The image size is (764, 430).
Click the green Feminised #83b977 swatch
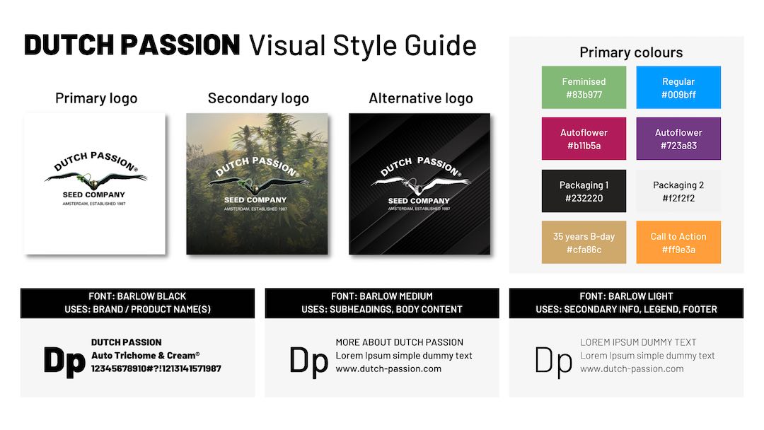(x=584, y=88)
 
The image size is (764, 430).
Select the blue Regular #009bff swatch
(x=678, y=88)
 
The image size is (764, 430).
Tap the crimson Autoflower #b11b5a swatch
(x=584, y=139)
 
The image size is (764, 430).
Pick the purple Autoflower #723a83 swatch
(x=678, y=139)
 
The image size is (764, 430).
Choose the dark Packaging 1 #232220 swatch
(x=584, y=191)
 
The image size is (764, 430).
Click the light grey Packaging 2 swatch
(x=678, y=191)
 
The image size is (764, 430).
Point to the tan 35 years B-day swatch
(x=584, y=243)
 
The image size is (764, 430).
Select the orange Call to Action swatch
(x=678, y=243)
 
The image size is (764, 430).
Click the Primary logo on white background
(x=95, y=184)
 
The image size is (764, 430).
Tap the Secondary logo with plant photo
(x=257, y=184)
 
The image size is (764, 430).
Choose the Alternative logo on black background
(x=419, y=184)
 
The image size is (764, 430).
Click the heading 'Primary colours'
(x=631, y=52)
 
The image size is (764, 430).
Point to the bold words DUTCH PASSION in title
(x=132, y=45)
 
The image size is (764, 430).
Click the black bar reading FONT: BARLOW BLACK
(x=137, y=303)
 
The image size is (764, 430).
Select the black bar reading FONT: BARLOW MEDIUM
(x=382, y=303)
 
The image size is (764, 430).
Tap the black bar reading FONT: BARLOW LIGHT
(x=626, y=303)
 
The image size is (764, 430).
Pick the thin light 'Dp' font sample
(x=553, y=360)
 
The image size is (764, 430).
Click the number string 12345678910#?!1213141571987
(x=156, y=368)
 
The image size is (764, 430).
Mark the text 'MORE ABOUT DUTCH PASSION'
(x=400, y=342)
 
